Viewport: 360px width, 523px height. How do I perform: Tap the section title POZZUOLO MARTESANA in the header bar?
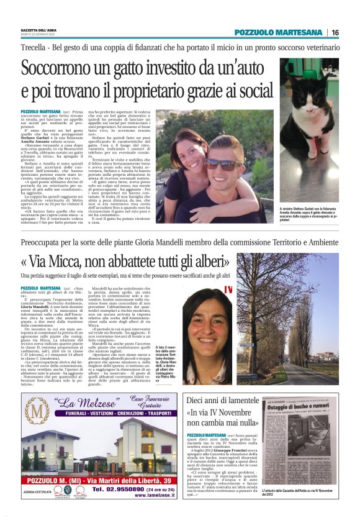point(277,32)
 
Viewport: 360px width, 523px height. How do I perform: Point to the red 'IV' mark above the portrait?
point(228,289)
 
